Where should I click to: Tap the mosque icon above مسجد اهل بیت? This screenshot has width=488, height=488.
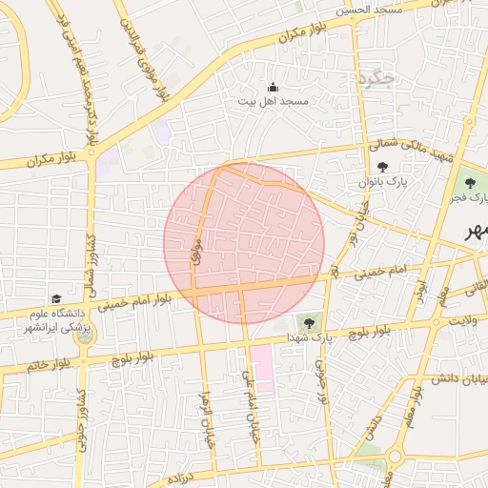tap(274, 87)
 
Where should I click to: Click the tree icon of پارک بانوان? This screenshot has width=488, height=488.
tap(382, 167)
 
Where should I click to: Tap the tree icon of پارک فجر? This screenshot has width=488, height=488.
tap(469, 184)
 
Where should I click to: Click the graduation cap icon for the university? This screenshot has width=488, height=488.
tap(55, 299)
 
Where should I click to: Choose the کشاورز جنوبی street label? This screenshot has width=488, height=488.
tap(83, 419)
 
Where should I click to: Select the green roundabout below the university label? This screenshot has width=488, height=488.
tap(84, 335)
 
